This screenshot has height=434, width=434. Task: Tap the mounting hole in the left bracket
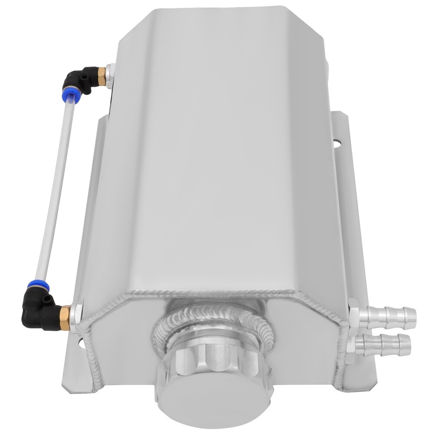tap(82, 346)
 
